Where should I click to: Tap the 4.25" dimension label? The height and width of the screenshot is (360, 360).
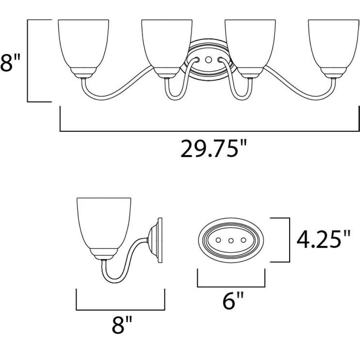(x=324, y=240)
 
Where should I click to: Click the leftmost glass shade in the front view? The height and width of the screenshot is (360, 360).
(x=84, y=44)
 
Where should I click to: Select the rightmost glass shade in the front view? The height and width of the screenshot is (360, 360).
(x=334, y=44)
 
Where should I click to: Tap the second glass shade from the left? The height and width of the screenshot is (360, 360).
(x=167, y=44)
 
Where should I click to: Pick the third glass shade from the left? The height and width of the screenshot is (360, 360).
(x=250, y=44)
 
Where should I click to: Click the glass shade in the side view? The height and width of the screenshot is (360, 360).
(x=104, y=223)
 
